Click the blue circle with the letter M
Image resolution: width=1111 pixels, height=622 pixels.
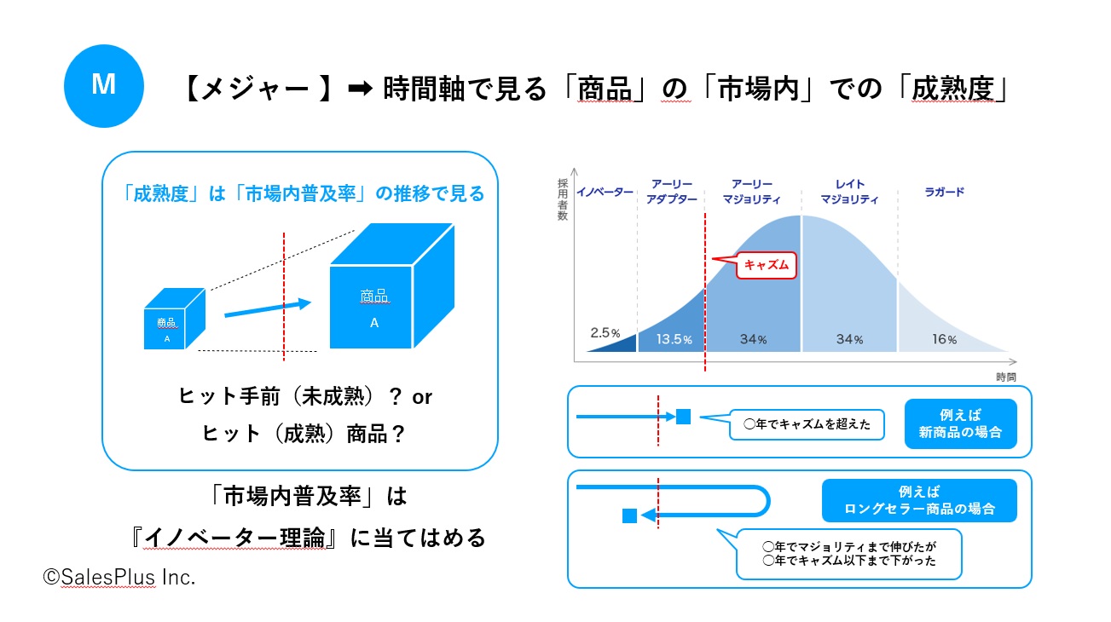tap(104, 86)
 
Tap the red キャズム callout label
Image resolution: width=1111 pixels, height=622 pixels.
tap(766, 265)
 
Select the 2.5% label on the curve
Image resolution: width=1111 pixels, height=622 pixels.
tap(605, 332)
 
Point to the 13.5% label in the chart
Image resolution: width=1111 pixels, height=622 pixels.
tap(674, 339)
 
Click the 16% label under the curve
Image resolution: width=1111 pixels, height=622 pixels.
tap(945, 339)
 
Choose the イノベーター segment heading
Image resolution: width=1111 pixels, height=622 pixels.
tap(605, 192)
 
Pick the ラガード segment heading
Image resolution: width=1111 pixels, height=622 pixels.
tap(945, 192)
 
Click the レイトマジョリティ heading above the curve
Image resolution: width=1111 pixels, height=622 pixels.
tap(849, 192)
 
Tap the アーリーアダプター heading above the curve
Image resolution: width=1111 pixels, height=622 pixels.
tap(672, 192)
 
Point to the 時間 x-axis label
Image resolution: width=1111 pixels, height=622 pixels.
tap(1006, 377)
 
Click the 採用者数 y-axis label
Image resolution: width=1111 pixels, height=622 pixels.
tap(563, 199)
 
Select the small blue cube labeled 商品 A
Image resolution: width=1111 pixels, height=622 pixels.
tap(174, 319)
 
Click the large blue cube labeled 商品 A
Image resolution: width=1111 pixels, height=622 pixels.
tap(392, 286)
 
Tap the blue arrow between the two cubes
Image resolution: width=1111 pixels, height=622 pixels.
tap(268, 308)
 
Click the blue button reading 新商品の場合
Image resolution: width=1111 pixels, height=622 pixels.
tap(960, 423)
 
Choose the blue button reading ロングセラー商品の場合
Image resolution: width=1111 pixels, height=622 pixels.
tap(919, 500)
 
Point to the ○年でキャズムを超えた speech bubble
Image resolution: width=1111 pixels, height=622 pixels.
tap(807, 424)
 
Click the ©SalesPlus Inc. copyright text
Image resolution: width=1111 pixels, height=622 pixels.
tap(119, 578)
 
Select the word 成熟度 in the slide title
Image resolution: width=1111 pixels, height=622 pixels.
tap(952, 89)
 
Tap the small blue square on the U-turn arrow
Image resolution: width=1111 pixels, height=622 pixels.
tap(629, 516)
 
